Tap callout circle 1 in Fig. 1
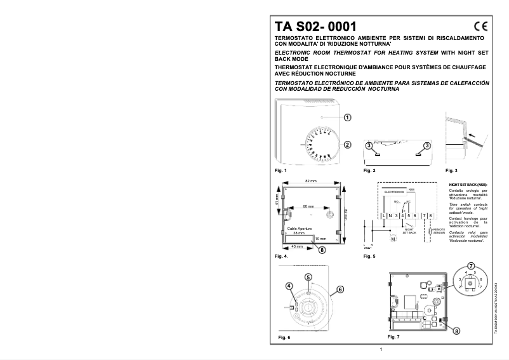pos(347,117)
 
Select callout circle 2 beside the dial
pos(347,144)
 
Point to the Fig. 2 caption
pos(369,171)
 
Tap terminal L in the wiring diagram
pos(385,217)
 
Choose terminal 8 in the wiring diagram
pos(430,217)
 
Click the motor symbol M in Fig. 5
pos(393,239)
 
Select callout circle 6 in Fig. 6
pos(340,289)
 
